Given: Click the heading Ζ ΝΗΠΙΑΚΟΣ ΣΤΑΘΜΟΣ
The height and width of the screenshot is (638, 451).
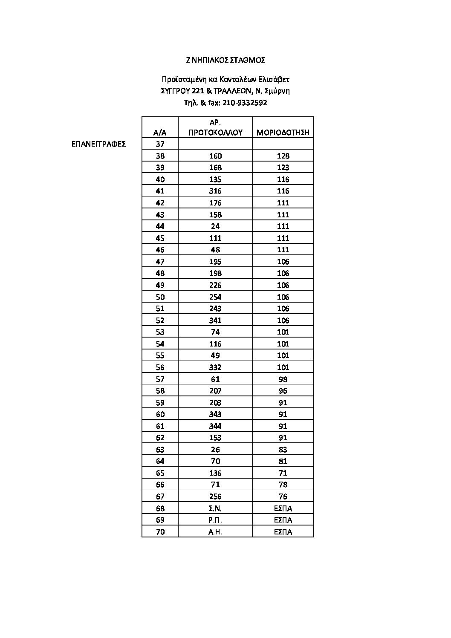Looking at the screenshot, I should (225, 60).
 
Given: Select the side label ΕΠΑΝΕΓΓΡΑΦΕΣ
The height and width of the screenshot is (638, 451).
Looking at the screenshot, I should (98, 144).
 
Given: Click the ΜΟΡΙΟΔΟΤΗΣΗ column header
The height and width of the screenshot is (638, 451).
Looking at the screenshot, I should (283, 133).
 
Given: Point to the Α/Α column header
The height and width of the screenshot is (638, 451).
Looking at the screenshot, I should (160, 133).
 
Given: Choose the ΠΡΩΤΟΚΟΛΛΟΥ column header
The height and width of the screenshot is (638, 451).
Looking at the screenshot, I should (215, 133).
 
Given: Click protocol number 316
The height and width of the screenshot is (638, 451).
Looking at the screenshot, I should (215, 191).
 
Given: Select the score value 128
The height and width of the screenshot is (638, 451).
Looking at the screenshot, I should (283, 156).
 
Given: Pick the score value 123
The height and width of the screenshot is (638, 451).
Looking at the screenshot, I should (283, 167).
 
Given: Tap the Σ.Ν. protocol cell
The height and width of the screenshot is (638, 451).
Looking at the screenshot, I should (215, 508).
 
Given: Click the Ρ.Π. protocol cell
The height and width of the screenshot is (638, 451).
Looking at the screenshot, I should (215, 520).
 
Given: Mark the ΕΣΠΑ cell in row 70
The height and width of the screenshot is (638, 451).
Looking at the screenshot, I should (283, 532).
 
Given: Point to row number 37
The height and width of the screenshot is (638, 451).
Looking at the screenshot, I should (160, 144).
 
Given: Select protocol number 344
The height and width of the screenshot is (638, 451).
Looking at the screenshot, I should (215, 426).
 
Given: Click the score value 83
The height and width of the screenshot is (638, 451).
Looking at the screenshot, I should (283, 450).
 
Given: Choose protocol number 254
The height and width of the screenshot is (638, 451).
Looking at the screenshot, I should (215, 297).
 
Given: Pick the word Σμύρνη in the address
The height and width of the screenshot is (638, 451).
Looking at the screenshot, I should (278, 91).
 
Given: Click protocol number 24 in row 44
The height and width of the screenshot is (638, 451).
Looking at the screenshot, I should (215, 226).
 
